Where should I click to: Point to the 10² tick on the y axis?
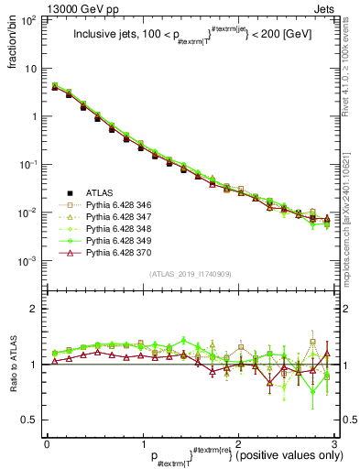[29, 20]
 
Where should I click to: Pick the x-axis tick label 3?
[334, 443]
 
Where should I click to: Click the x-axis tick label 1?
[142, 443]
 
